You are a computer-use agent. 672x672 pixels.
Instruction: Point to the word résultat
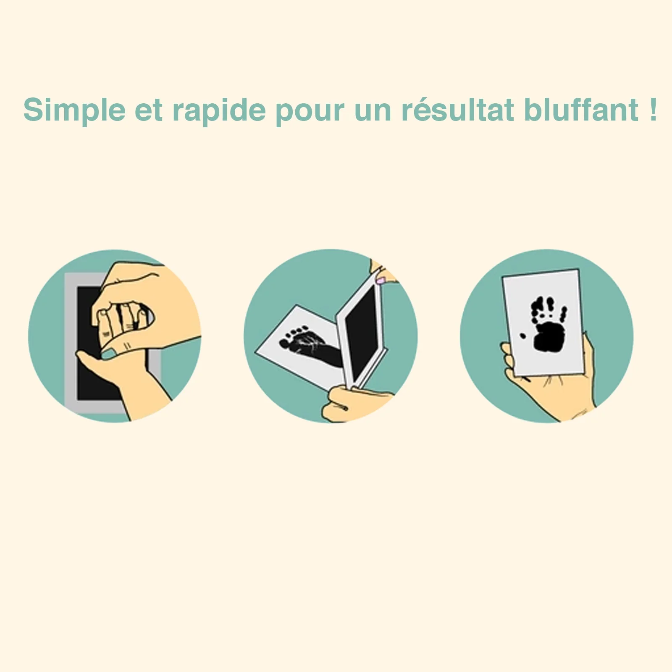coord(457,110)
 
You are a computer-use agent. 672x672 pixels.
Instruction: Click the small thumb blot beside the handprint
coord(522,336)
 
